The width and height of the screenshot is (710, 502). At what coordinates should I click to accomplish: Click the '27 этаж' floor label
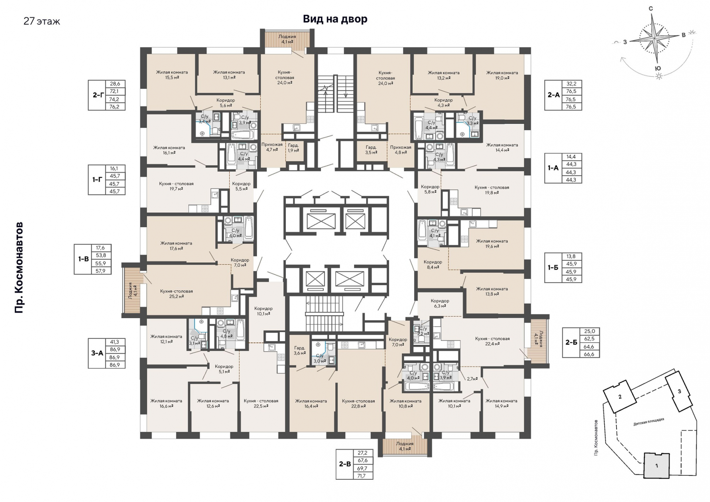pos(42,21)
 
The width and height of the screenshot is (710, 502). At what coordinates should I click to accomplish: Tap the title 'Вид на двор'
pos(335,19)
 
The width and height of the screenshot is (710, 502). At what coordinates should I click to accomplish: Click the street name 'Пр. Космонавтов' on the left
pos(19,267)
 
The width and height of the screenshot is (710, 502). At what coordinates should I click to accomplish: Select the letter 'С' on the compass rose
pos(651,9)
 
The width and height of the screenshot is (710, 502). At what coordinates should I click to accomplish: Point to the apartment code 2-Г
pos(98,95)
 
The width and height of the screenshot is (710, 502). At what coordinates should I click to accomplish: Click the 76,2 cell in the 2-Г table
pos(115,107)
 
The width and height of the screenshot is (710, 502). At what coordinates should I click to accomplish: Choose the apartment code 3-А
pos(97,353)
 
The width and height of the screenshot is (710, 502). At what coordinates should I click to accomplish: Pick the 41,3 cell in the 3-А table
pos(115,342)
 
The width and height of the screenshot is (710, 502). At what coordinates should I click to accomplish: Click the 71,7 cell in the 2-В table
pos(363,476)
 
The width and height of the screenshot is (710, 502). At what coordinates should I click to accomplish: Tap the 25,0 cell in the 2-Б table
pos(589,331)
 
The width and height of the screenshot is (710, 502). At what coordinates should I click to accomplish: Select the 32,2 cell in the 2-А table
pos(571,84)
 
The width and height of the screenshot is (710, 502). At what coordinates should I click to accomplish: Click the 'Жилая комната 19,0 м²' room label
pos(502,75)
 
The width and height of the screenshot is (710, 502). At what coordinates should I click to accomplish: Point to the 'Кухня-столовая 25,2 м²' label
pos(176,294)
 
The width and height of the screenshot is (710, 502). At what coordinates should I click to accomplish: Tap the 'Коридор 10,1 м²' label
pos(263,311)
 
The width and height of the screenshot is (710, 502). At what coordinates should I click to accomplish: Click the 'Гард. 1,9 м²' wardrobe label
pos(293,148)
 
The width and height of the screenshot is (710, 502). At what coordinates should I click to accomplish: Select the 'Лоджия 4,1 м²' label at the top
pos(287,39)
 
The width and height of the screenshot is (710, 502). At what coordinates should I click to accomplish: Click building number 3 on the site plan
pos(679,391)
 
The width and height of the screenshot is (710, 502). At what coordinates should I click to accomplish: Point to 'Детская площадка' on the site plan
pos(649,422)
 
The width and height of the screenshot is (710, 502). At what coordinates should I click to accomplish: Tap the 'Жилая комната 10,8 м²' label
pos(405,403)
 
